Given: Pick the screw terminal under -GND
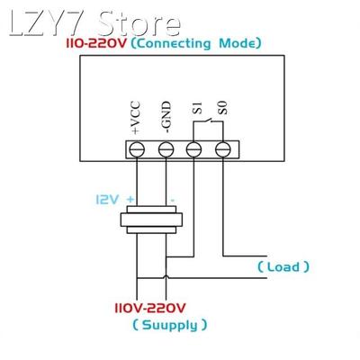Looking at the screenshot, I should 166,149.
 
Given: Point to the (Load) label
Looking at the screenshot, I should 283,266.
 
